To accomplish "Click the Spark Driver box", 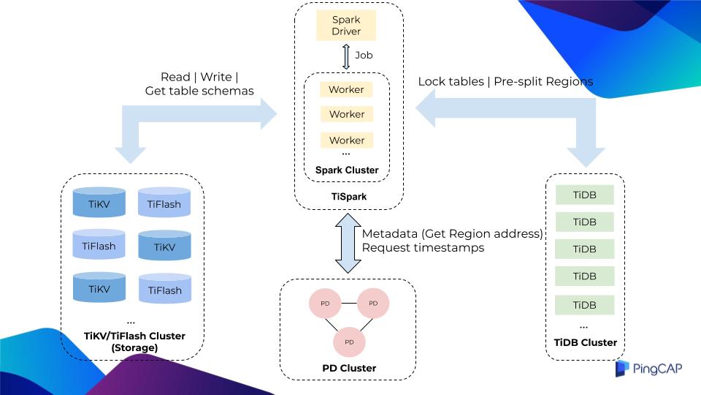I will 347,26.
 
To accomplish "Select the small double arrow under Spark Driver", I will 347,56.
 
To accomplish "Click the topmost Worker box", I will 347,89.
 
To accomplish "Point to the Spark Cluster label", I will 347,170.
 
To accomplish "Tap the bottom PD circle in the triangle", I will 349,342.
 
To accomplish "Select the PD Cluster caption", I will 348,368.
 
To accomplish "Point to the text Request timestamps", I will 423,248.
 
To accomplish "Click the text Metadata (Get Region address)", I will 453,233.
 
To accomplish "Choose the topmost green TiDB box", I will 584,195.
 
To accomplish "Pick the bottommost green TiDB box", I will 584,304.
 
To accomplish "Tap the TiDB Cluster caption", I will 584,342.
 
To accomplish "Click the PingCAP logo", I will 648,369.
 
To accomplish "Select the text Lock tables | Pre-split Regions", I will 505,81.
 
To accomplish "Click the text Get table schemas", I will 199,91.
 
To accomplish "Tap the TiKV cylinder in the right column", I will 164,248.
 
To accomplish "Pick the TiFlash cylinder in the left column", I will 99,246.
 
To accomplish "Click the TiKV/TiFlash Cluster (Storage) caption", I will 134,342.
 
